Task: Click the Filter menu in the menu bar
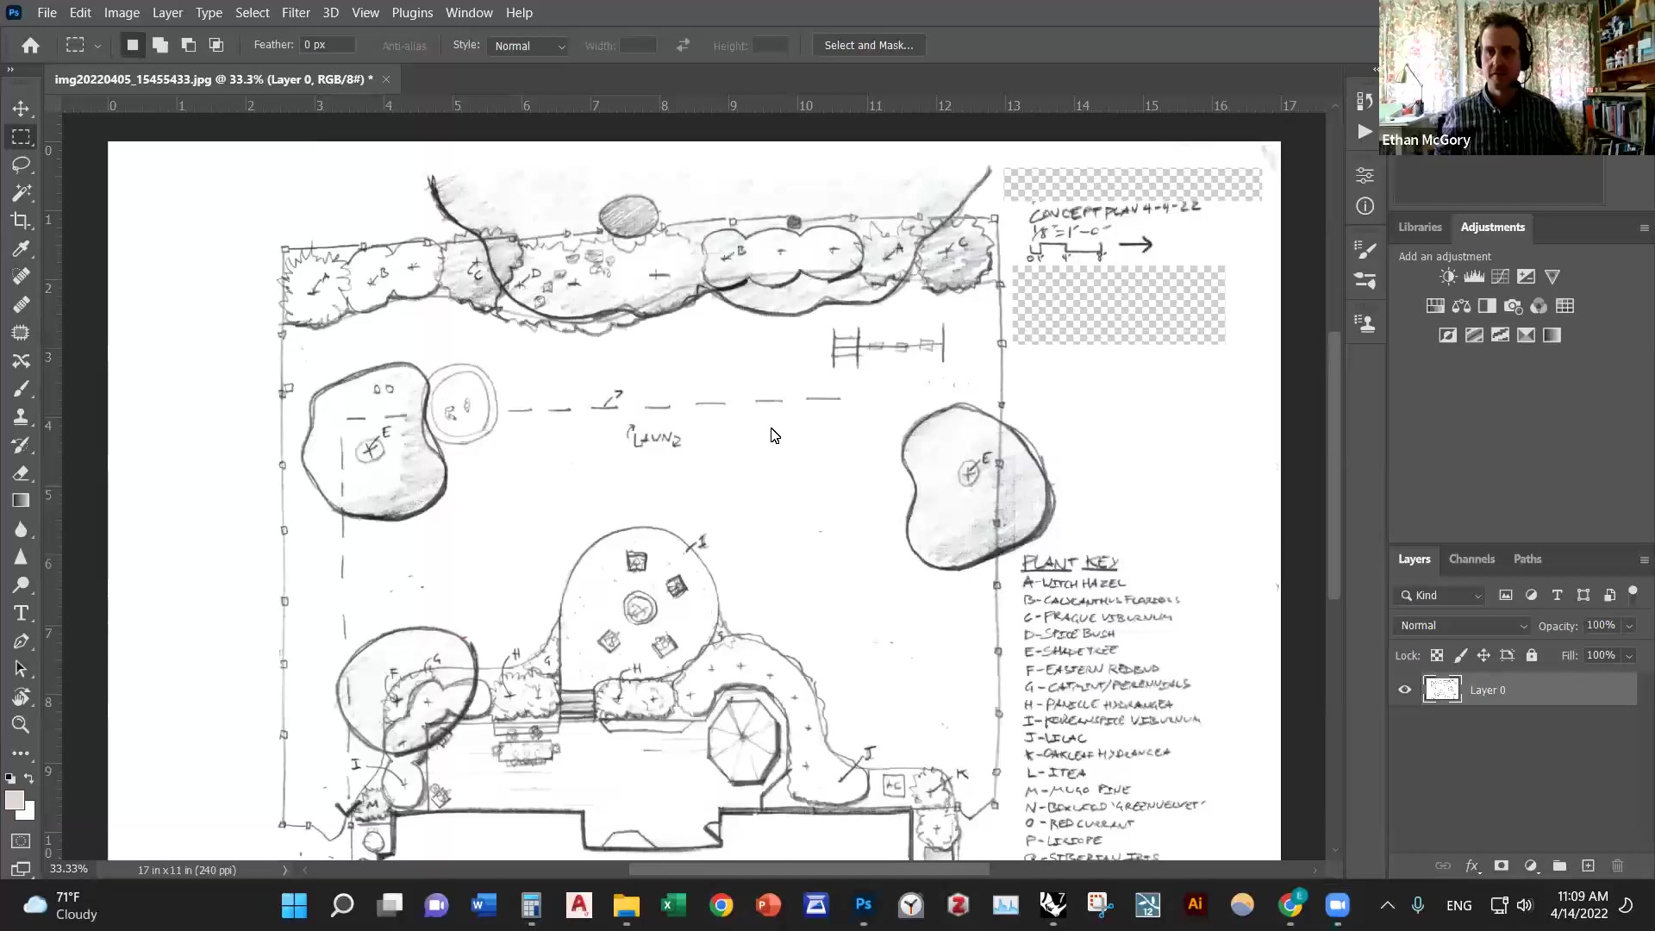coord(295,13)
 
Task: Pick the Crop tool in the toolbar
coord(21,221)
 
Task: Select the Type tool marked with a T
coord(21,613)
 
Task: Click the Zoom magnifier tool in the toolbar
coord(21,725)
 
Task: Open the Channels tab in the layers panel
coord(1471,559)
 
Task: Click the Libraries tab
coord(1420,227)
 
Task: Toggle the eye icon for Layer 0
coord(1404,690)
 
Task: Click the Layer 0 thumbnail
coord(1442,690)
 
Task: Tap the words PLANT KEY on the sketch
coord(1070,563)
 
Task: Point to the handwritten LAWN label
coord(654,438)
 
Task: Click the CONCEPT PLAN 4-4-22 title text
coord(1114,210)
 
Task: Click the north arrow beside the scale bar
coord(1135,245)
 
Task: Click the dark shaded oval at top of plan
coord(628,216)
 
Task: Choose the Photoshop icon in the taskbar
coord(864,905)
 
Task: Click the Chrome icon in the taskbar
coord(721,905)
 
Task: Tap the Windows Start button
coord(294,905)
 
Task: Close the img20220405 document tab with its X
coord(386,79)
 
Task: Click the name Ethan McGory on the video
coord(1426,140)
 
